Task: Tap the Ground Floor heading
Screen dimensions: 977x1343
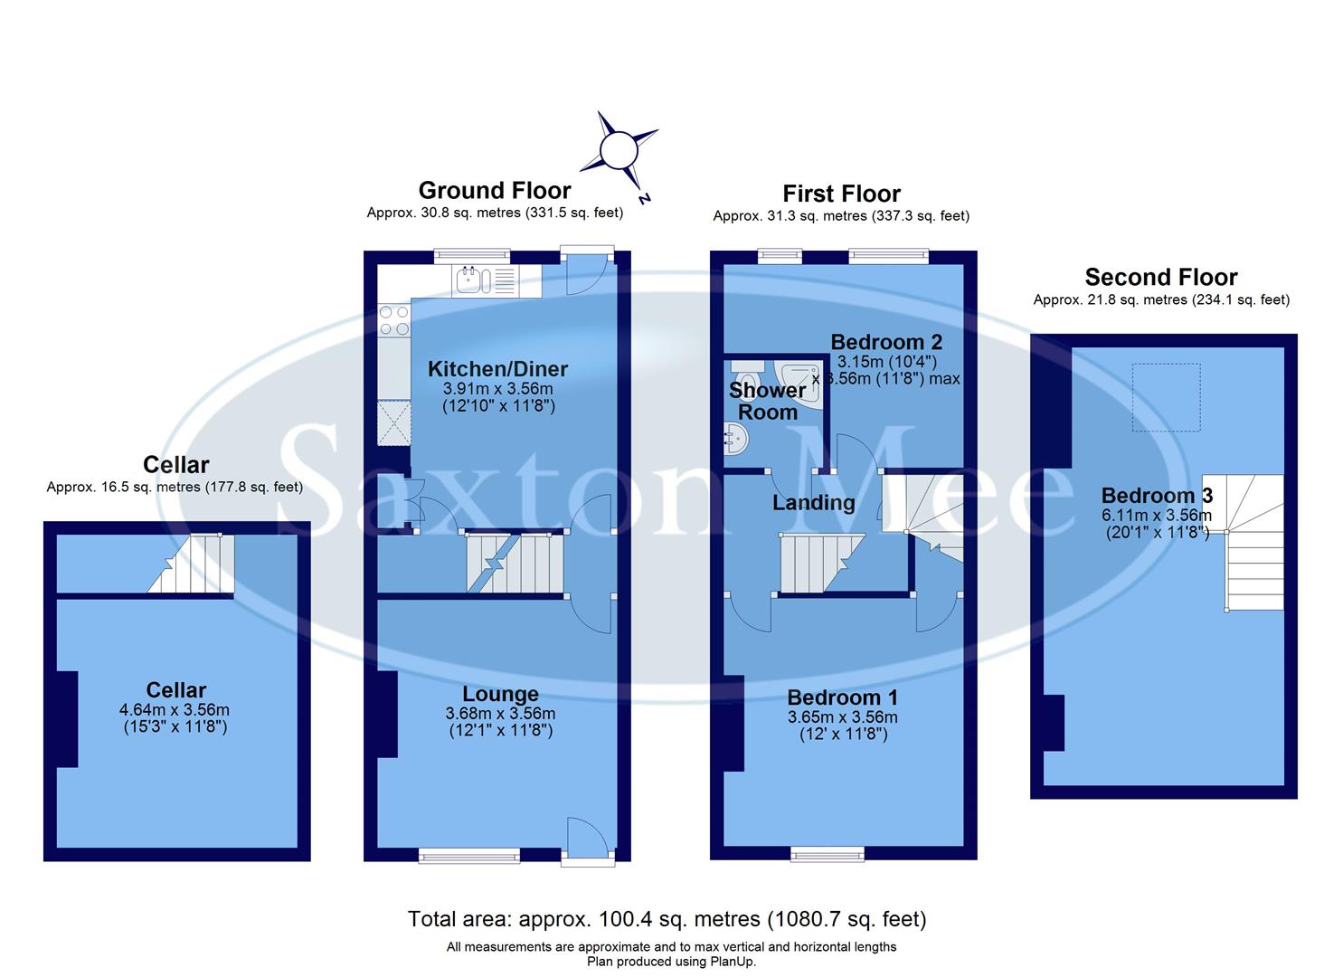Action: pyautogui.click(x=494, y=190)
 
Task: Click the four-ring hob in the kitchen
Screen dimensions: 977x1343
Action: pyautogui.click(x=393, y=321)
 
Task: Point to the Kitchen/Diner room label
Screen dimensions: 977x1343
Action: pyautogui.click(x=497, y=369)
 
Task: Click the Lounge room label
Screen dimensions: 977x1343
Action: pyautogui.click(x=500, y=694)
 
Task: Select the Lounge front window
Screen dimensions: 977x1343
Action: pyautogui.click(x=468, y=853)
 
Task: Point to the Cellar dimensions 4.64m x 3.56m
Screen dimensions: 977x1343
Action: pyautogui.click(x=176, y=710)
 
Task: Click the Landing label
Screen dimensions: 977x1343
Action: pyautogui.click(x=813, y=503)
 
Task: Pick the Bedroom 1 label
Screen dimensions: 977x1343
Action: pyautogui.click(x=842, y=697)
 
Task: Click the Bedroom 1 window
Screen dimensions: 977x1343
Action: pyautogui.click(x=828, y=852)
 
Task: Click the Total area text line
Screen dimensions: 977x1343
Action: pyautogui.click(x=667, y=919)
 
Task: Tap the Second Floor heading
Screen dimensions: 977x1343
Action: pyautogui.click(x=1160, y=277)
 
